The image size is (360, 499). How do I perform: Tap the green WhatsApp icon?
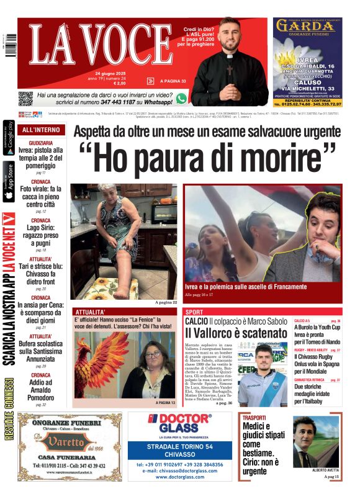tap(181, 98)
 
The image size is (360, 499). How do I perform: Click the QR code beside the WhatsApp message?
tap(25, 98)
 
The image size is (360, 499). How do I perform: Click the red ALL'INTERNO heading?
tap(41, 130)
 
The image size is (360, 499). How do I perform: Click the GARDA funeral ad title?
tap(307, 25)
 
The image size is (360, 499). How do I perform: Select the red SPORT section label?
tap(194, 312)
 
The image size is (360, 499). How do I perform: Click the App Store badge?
tap(9, 182)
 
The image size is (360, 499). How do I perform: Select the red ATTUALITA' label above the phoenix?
tap(91, 312)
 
